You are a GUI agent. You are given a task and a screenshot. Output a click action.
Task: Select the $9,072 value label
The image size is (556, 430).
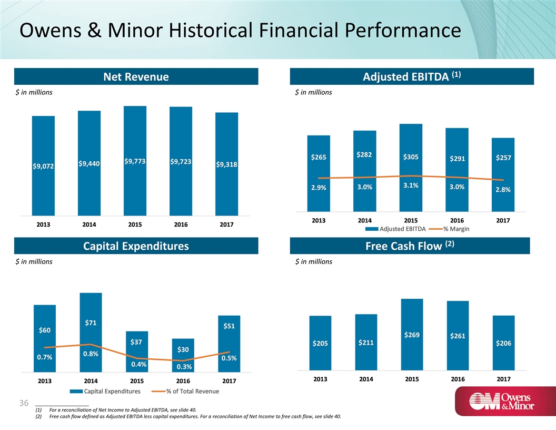(43, 167)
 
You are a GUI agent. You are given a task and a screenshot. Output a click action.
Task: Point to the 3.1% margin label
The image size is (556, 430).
(411, 185)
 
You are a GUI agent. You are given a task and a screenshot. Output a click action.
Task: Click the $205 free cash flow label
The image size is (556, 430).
(320, 344)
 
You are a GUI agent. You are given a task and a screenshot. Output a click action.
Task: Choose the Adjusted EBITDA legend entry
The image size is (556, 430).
(400, 228)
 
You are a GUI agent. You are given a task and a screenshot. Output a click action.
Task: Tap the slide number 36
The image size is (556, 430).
(23, 403)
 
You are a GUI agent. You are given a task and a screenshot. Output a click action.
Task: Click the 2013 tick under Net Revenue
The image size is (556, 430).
(43, 225)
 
